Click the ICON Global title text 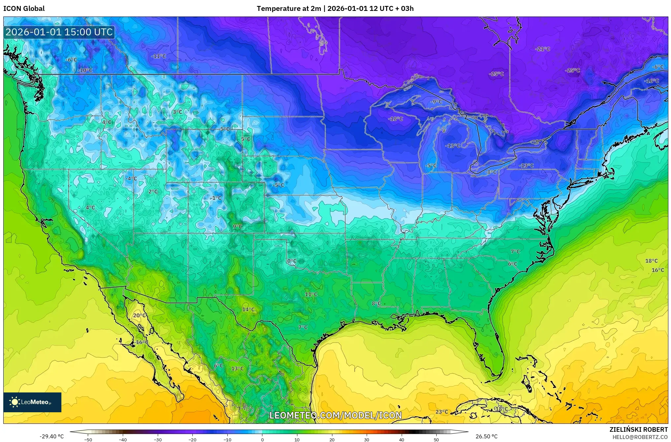24,9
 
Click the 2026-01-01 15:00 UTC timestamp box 59,32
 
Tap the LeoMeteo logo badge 32,402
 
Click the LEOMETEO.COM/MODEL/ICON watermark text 336,415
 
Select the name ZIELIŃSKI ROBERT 638,430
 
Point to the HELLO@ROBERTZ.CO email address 640,437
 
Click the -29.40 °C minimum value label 51,436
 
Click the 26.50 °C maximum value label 486,436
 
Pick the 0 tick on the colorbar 262,440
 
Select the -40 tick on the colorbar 123,440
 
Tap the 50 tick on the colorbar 436,440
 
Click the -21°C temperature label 543,49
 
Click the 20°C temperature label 139,315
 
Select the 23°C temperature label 442,412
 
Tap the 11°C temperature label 311,294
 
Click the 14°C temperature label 248,310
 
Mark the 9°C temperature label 237,226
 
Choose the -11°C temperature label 158,56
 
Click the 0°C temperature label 291,261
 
